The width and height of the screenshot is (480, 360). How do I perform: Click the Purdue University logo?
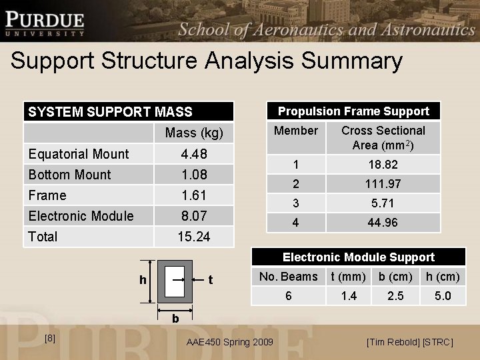[x=45, y=23]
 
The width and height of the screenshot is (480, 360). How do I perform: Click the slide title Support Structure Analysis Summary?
[x=207, y=61]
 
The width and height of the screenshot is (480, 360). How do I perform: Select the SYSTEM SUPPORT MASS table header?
[x=110, y=112]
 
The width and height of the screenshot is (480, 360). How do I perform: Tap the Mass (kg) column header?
[x=194, y=133]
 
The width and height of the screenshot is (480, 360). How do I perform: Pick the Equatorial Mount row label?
[x=79, y=154]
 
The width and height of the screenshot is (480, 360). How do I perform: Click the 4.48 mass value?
[x=194, y=154]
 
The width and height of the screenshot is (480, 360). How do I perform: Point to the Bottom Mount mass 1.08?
[x=194, y=175]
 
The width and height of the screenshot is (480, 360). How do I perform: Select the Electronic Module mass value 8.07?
[x=194, y=216]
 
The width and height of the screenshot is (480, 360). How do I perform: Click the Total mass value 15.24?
[x=194, y=237]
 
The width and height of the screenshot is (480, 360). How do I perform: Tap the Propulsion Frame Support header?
[x=353, y=111]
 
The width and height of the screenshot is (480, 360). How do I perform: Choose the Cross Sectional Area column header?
[x=383, y=137]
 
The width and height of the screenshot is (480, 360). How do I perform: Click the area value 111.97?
[x=383, y=183]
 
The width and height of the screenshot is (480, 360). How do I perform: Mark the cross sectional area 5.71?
[x=383, y=203]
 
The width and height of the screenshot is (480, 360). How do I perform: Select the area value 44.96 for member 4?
[x=383, y=223]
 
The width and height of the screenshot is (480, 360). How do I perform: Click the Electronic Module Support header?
[x=358, y=257]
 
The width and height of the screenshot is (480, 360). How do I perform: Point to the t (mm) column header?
[x=348, y=277]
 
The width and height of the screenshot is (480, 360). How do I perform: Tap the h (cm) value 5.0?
[x=443, y=295]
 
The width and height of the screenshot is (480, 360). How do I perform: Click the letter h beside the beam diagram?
[x=143, y=281]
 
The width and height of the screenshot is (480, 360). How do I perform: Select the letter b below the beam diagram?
[x=175, y=319]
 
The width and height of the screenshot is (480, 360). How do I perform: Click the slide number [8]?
[x=49, y=339]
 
